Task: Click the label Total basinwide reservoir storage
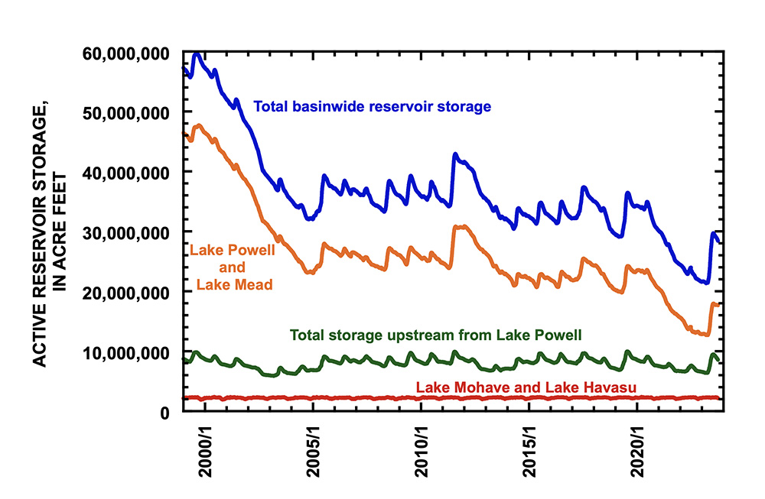(x=372, y=107)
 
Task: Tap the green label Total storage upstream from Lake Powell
(x=436, y=335)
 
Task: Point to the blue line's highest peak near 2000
(x=197, y=54)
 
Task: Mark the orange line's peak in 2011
(x=459, y=226)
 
